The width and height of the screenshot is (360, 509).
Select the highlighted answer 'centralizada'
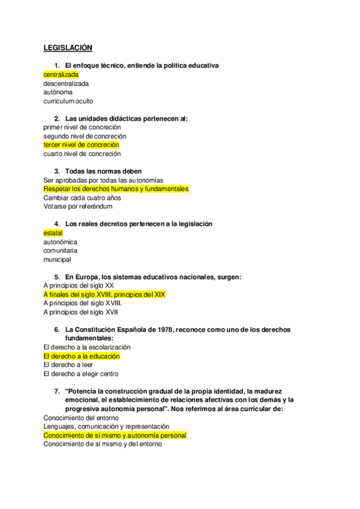click(61, 74)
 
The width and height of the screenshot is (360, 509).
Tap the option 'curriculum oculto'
click(68, 101)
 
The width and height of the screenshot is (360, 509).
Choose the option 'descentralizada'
click(66, 83)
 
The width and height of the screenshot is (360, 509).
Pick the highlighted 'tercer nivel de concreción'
click(81, 145)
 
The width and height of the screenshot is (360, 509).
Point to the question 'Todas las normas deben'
click(103, 172)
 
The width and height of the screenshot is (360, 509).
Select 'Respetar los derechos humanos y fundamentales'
click(116, 189)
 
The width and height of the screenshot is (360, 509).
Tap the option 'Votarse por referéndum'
click(78, 206)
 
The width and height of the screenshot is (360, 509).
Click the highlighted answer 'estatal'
click(53, 233)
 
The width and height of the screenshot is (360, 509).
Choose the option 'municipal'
click(57, 260)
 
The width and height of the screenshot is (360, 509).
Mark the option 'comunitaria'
click(60, 250)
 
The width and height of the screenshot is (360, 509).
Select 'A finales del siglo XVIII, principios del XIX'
click(104, 295)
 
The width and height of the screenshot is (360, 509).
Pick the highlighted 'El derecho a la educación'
click(82, 356)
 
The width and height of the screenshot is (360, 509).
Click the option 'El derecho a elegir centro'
click(81, 374)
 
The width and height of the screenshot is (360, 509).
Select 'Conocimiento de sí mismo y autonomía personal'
click(115, 435)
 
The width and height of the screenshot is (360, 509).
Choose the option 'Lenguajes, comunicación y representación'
click(106, 426)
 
